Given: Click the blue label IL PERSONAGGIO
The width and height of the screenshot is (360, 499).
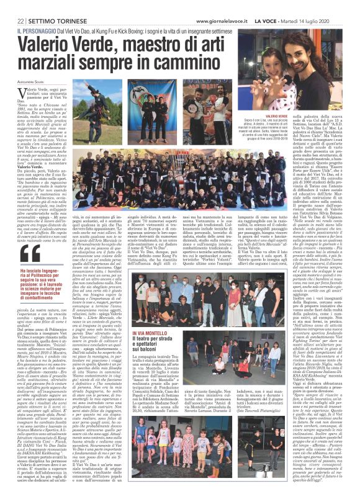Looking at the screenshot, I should coord(36,30).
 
